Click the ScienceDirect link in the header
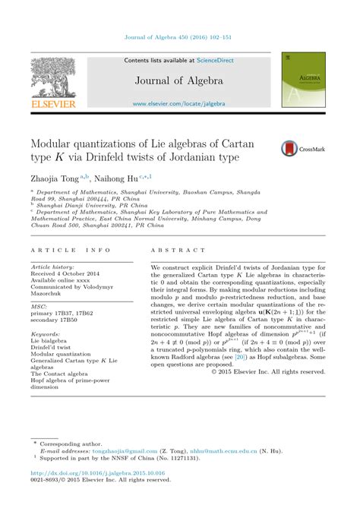tap(216, 60)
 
